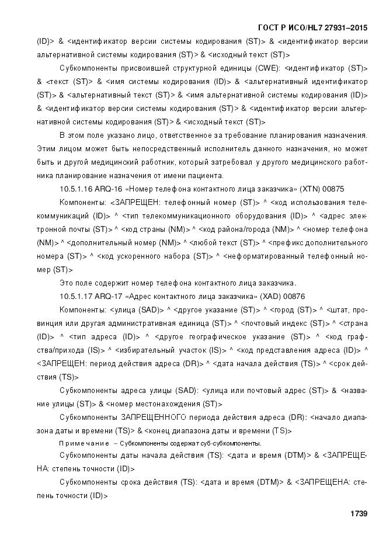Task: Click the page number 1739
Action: coord(357,514)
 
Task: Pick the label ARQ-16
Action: coord(112,190)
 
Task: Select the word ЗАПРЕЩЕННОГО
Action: coord(153,418)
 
